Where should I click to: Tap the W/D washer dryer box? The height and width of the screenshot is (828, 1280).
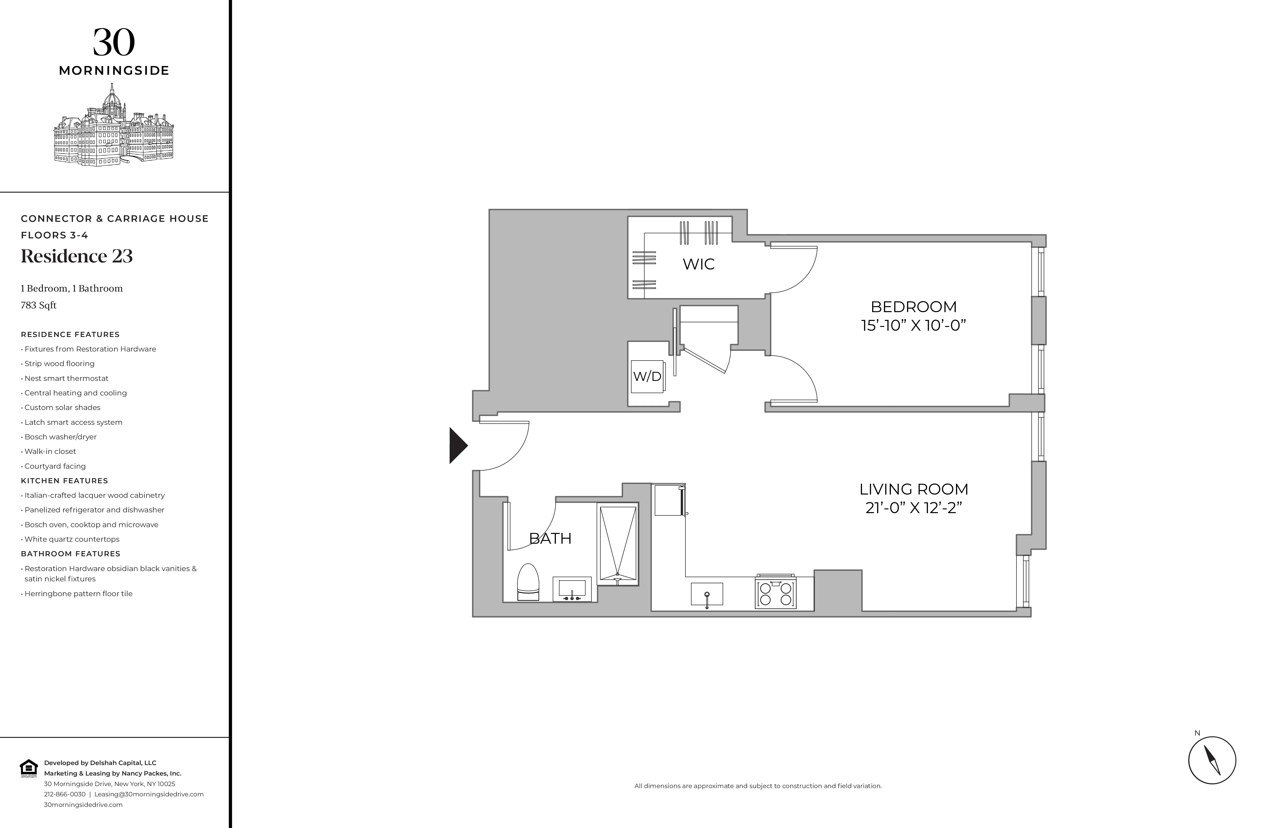pos(647,376)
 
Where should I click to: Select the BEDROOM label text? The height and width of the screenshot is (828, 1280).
pos(913,307)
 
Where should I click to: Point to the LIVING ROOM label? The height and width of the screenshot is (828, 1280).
pos(913,489)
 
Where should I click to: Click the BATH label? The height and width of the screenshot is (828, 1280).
pos(550,538)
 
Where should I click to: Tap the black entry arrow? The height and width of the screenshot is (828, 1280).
pos(458,445)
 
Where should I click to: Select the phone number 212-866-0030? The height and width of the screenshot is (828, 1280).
pos(65,794)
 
